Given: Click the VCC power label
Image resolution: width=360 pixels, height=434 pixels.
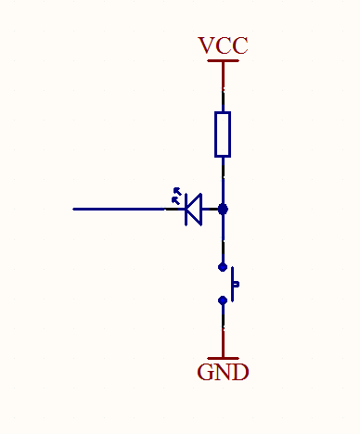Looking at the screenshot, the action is click(x=223, y=45).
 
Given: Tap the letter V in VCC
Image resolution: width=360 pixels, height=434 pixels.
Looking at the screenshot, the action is click(x=207, y=45).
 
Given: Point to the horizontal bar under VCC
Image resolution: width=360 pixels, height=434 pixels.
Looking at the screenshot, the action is click(x=223, y=60).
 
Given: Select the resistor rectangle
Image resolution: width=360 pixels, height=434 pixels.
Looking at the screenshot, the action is click(x=223, y=134).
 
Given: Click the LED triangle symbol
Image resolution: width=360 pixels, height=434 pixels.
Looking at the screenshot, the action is click(x=194, y=210).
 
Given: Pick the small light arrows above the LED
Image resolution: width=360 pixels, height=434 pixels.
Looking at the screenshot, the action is click(x=176, y=196).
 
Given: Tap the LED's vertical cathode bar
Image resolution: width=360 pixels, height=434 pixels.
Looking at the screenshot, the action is click(x=186, y=210).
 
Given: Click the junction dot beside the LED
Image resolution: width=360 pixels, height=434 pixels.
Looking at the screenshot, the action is click(x=223, y=210).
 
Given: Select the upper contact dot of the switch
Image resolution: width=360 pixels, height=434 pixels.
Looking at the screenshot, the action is click(x=223, y=267).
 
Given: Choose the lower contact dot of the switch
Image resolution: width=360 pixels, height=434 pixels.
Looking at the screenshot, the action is click(x=223, y=300).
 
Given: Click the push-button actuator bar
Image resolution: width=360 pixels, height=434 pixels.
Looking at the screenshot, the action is click(x=233, y=284).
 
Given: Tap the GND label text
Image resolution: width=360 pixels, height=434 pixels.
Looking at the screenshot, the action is click(x=223, y=372).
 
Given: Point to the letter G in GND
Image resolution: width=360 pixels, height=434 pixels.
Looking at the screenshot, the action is click(x=205, y=372).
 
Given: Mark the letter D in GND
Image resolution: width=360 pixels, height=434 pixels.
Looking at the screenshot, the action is click(x=240, y=372).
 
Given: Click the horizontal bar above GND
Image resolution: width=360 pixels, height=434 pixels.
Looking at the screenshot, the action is click(x=223, y=358).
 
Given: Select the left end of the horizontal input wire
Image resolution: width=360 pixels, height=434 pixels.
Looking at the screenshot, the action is click(x=73, y=210).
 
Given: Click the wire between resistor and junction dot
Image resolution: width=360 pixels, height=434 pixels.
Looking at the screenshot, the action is click(x=223, y=181).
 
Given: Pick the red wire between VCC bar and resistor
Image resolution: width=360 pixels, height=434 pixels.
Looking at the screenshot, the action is click(x=223, y=74).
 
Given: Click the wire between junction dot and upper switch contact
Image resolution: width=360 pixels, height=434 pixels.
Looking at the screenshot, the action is click(x=223, y=238).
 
